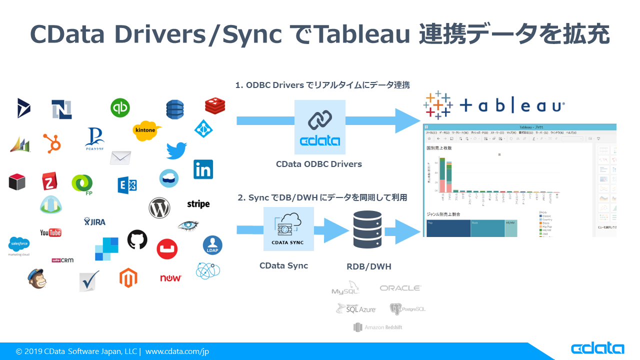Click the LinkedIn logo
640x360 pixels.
tap(203, 169)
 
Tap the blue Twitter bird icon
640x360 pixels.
tap(176, 150)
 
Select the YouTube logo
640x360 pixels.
tap(50, 232)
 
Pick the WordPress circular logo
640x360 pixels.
tap(159, 207)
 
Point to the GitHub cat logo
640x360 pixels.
tap(137, 239)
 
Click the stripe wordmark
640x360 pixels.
tap(198, 204)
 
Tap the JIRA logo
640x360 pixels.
tap(94, 221)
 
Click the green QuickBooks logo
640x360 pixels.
tap(120, 107)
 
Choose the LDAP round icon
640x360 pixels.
tap(212, 245)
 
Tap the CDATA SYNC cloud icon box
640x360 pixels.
tap(288, 229)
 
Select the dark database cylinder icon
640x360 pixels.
tap(367, 229)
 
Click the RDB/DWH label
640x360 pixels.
tap(368, 267)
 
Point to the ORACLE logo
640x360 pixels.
tap(400, 288)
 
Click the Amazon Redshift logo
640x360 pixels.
tap(377, 327)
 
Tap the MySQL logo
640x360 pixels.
tap(345, 288)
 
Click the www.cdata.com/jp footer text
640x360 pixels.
tap(177, 351)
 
